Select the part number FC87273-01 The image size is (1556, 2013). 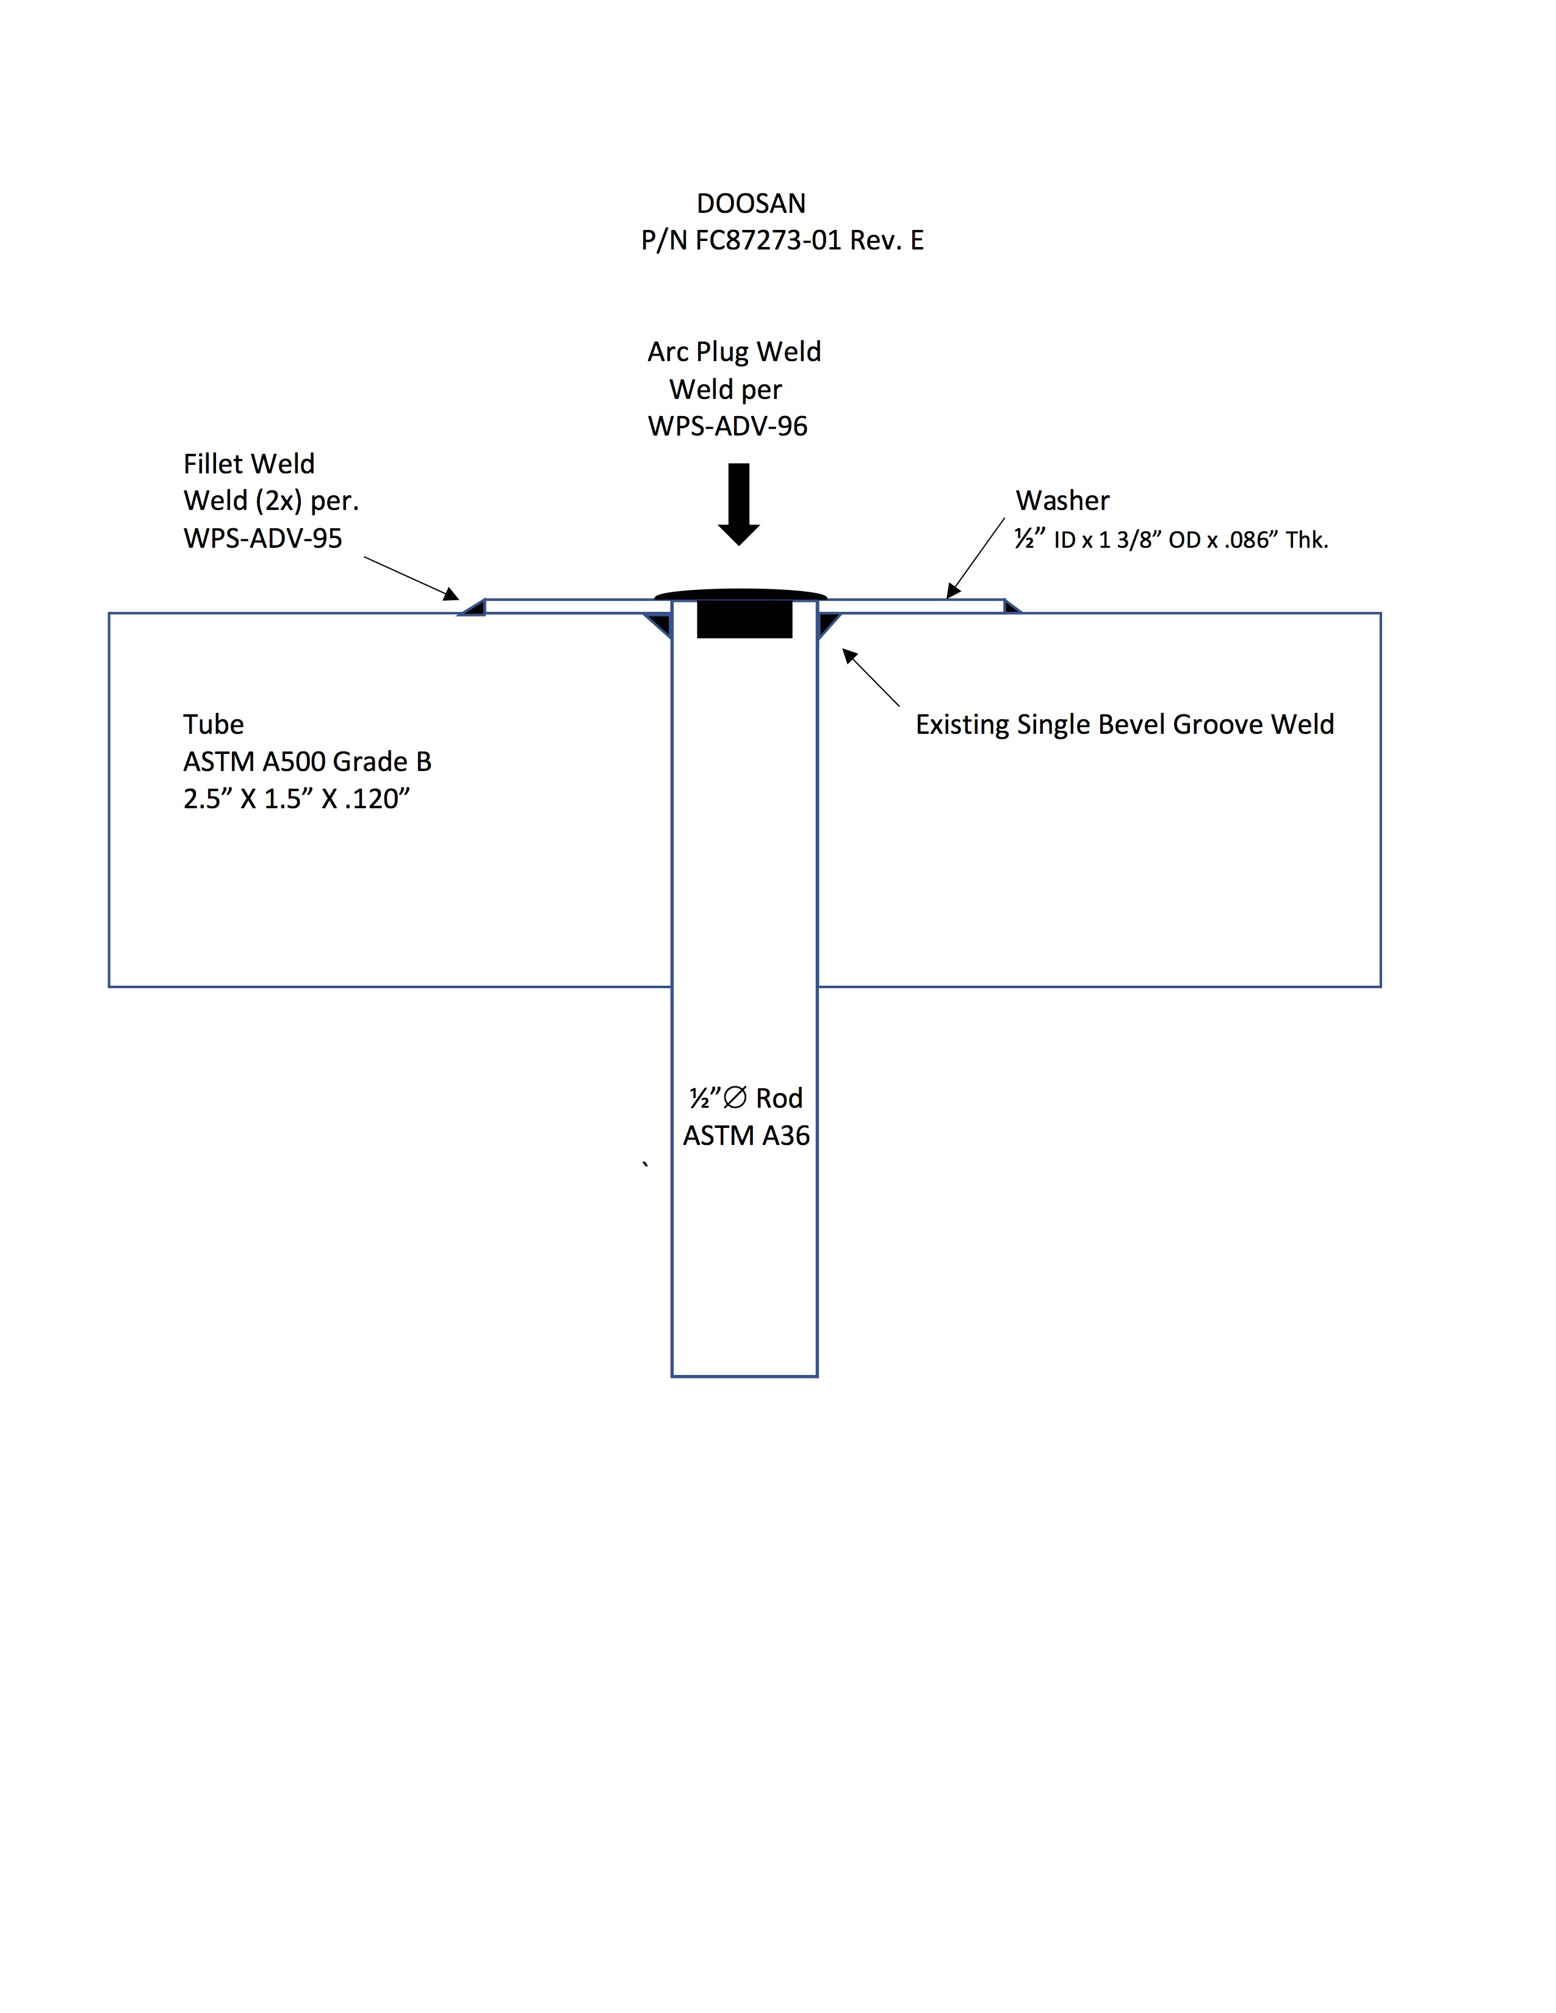[769, 240]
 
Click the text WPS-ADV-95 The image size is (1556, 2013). [263, 538]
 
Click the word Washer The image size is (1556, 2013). [1063, 500]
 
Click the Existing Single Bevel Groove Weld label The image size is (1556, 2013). [1125, 725]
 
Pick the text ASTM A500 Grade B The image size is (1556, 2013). [307, 761]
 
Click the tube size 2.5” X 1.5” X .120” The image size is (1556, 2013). [296, 798]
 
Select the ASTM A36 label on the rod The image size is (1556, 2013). [747, 1136]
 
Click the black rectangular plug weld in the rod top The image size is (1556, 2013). [745, 619]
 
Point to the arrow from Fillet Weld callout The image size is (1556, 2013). [411, 578]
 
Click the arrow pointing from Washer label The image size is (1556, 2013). [975, 559]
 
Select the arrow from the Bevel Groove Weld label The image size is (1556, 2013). [871, 678]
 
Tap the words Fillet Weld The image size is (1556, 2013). [249, 464]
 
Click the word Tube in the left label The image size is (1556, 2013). [214, 725]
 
